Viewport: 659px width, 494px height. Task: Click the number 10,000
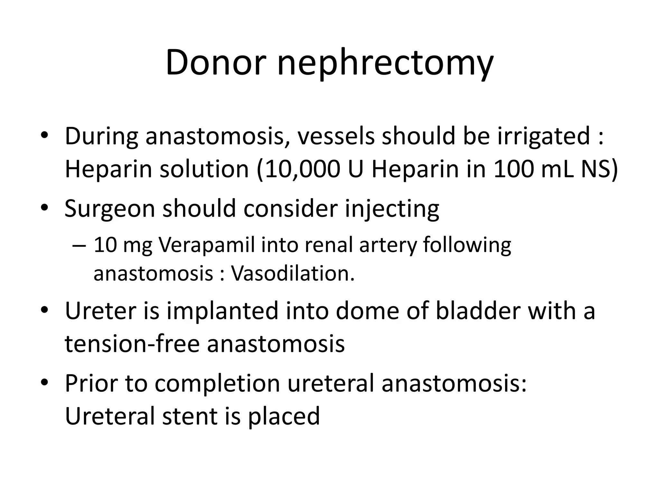[x=302, y=169]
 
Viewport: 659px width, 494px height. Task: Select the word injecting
[x=392, y=209]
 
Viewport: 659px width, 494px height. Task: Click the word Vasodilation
[x=293, y=273]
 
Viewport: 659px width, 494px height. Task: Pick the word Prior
[x=91, y=383]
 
